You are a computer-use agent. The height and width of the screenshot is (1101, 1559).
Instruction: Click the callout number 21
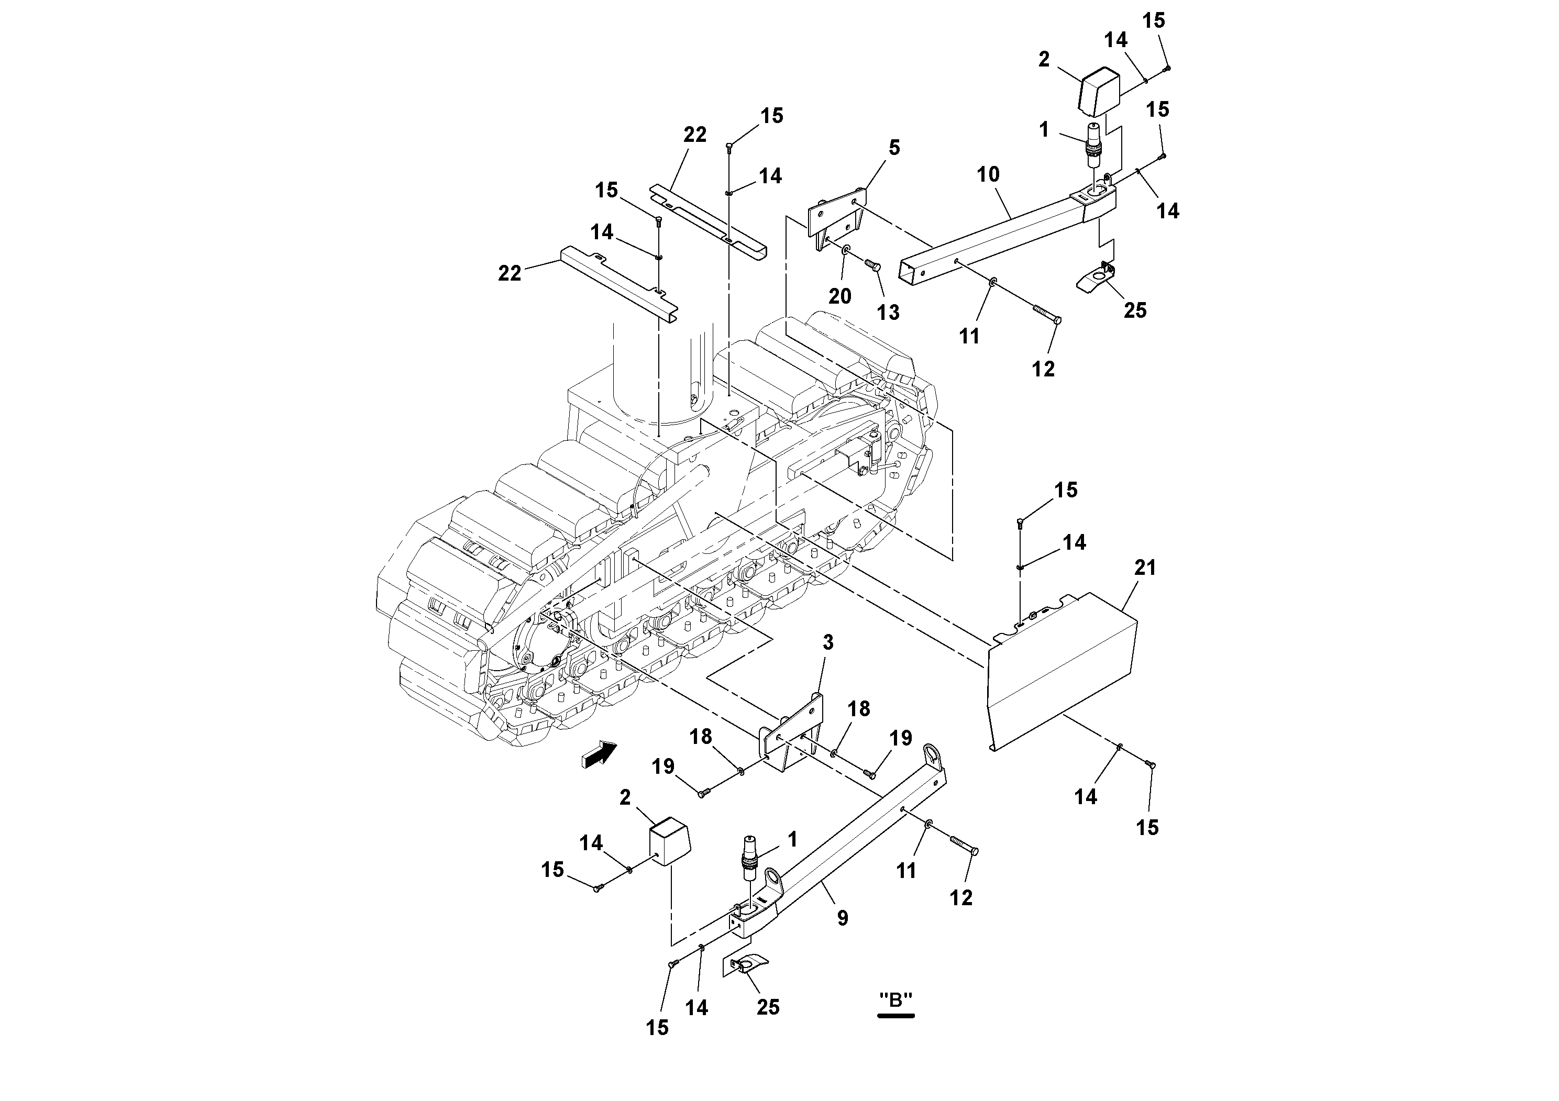click(x=1145, y=568)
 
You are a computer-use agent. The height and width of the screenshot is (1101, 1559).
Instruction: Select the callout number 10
click(x=988, y=174)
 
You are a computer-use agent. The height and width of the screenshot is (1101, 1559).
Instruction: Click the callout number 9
click(x=842, y=918)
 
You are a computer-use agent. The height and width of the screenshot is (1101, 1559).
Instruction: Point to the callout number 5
click(x=894, y=147)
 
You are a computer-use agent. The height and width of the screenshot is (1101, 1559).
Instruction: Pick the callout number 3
click(x=828, y=642)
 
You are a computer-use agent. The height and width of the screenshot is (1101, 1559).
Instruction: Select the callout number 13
click(x=888, y=312)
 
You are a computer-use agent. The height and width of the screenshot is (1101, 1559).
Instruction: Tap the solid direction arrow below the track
click(x=600, y=755)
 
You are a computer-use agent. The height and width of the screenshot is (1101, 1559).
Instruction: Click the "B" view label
click(x=895, y=1000)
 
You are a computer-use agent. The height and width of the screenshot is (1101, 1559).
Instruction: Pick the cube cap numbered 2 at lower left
click(x=669, y=842)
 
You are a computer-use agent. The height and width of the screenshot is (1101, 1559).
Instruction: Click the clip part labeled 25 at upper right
click(x=1097, y=277)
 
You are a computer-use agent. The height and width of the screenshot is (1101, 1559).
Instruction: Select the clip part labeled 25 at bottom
click(x=749, y=964)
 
